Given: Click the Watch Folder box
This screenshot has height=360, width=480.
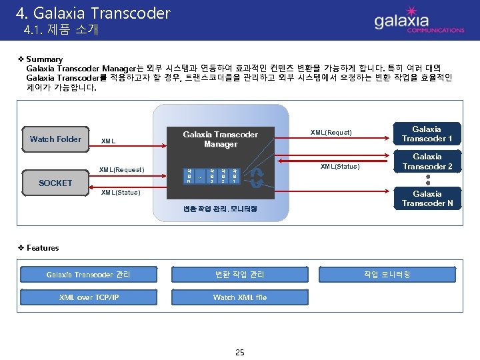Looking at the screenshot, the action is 55,139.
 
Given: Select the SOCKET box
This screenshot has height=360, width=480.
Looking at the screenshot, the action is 55,183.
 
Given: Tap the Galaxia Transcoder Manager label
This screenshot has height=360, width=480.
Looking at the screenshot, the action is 220,139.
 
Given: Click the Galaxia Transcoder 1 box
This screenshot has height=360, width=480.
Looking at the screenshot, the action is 427,134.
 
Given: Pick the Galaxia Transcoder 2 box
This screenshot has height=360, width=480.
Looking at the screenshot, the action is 427,161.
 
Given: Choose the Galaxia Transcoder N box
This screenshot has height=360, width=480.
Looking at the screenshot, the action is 427,199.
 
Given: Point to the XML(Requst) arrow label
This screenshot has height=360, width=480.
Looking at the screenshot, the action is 331,133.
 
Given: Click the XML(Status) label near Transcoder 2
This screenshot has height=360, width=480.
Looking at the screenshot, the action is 340,165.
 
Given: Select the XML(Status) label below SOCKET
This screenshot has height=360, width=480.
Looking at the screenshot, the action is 120,193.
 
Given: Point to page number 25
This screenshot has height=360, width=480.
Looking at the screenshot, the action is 240,351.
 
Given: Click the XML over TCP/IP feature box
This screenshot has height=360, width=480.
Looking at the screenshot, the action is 89,297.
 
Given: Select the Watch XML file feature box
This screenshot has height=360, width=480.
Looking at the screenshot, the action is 239,297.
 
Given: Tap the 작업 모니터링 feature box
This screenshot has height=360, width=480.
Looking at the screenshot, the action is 387,274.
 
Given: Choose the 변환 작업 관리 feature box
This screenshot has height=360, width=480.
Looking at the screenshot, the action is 239,274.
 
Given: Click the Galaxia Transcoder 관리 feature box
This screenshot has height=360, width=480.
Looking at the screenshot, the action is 89,274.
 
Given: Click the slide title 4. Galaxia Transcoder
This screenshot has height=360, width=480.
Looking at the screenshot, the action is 93,13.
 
